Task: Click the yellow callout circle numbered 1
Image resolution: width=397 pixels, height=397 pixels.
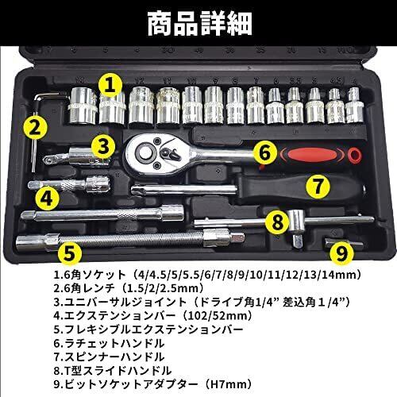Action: point(111,83)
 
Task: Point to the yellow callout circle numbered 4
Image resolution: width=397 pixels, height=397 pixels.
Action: point(47,196)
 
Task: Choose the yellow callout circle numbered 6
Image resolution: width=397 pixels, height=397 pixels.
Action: point(265,151)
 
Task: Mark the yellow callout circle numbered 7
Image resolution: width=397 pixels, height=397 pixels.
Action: point(317,187)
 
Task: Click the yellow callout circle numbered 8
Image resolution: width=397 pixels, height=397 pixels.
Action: point(276,220)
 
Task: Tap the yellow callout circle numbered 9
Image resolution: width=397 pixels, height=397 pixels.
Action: point(341,252)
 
